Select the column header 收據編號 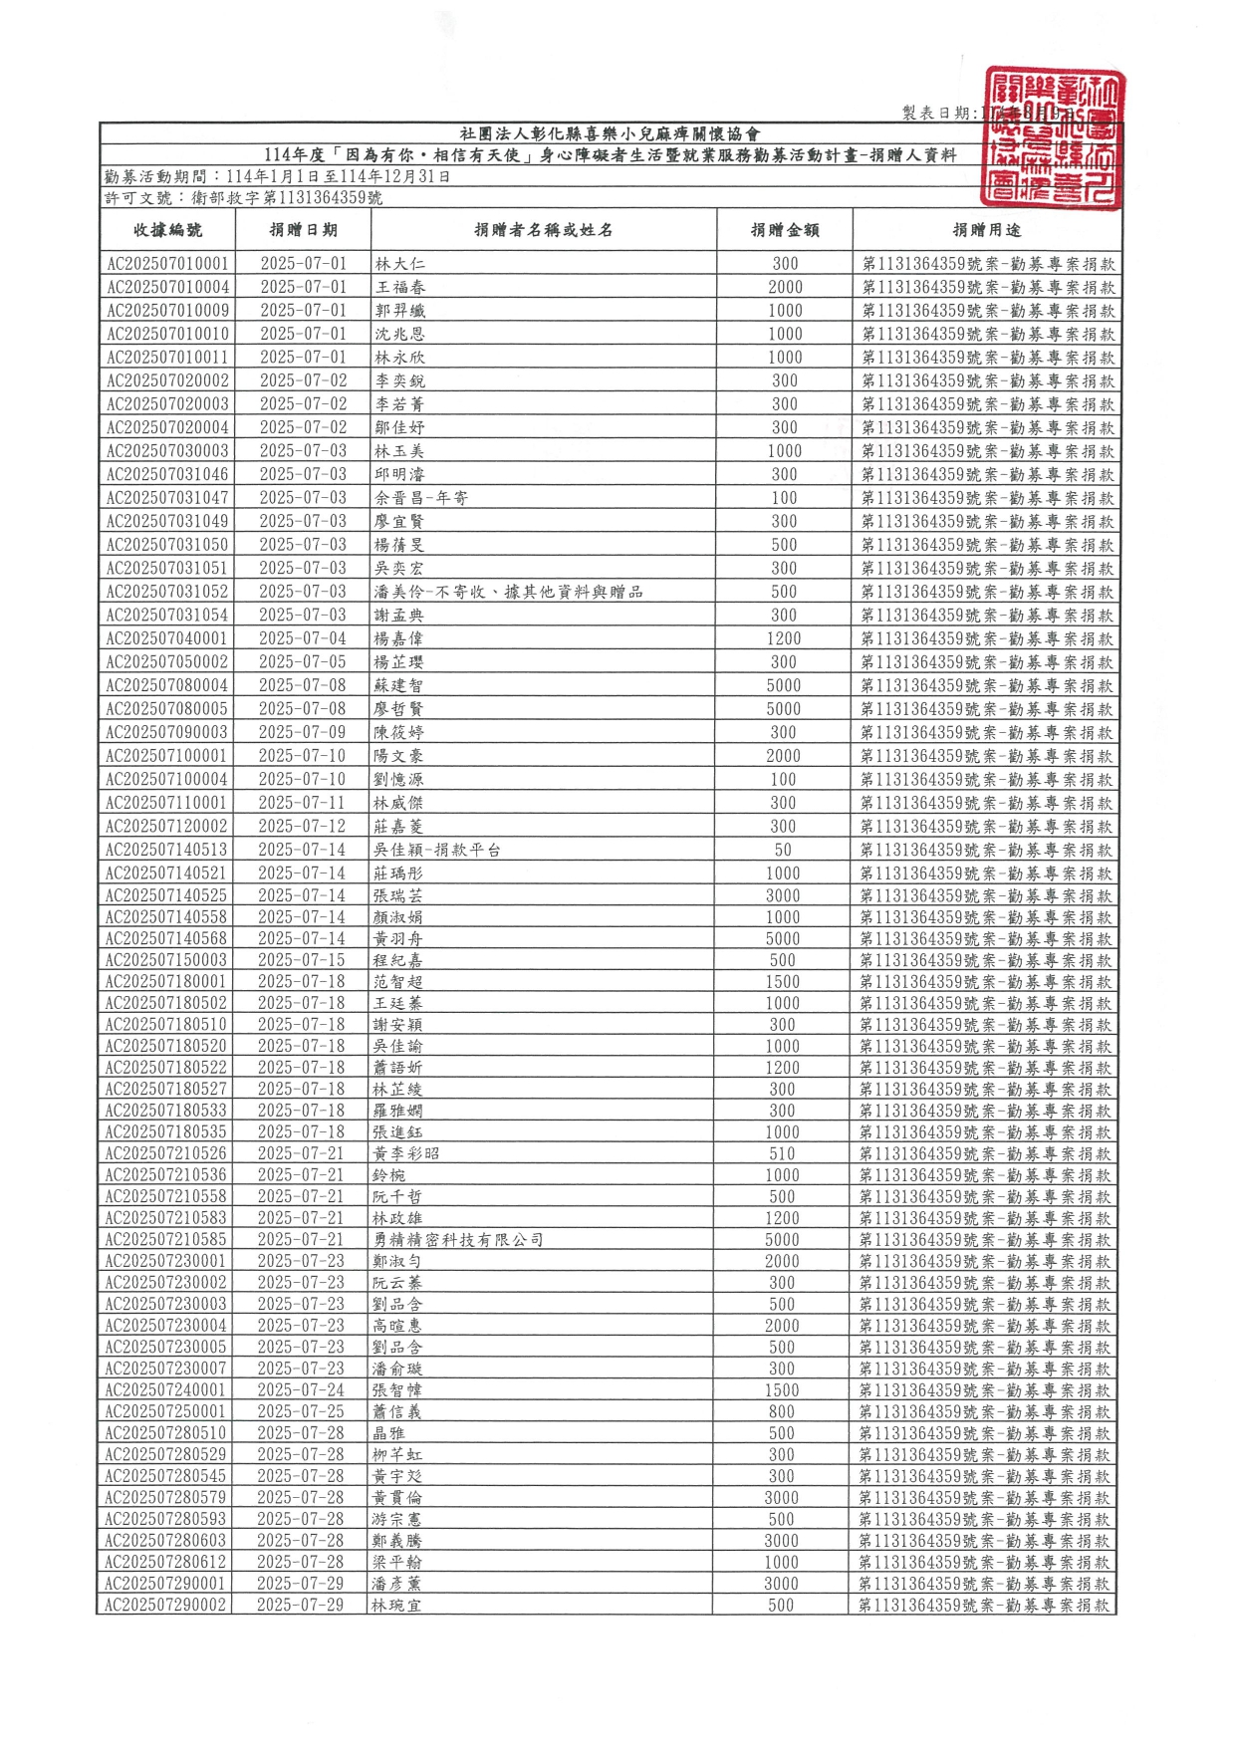(167, 230)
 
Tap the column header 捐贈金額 (785, 230)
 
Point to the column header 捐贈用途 (986, 230)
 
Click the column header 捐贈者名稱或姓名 (543, 230)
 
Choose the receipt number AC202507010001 (167, 264)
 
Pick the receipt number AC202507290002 (165, 1605)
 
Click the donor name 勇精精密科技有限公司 (458, 1240)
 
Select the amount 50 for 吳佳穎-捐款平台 (783, 850)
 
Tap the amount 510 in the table (782, 1153)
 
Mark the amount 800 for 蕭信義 (782, 1411)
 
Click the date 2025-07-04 (303, 638)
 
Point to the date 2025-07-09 (303, 732)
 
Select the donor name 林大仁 (399, 264)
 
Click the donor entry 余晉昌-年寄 (421, 498)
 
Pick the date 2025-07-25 (301, 1411)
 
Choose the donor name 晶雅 (388, 1433)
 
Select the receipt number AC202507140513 (166, 850)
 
